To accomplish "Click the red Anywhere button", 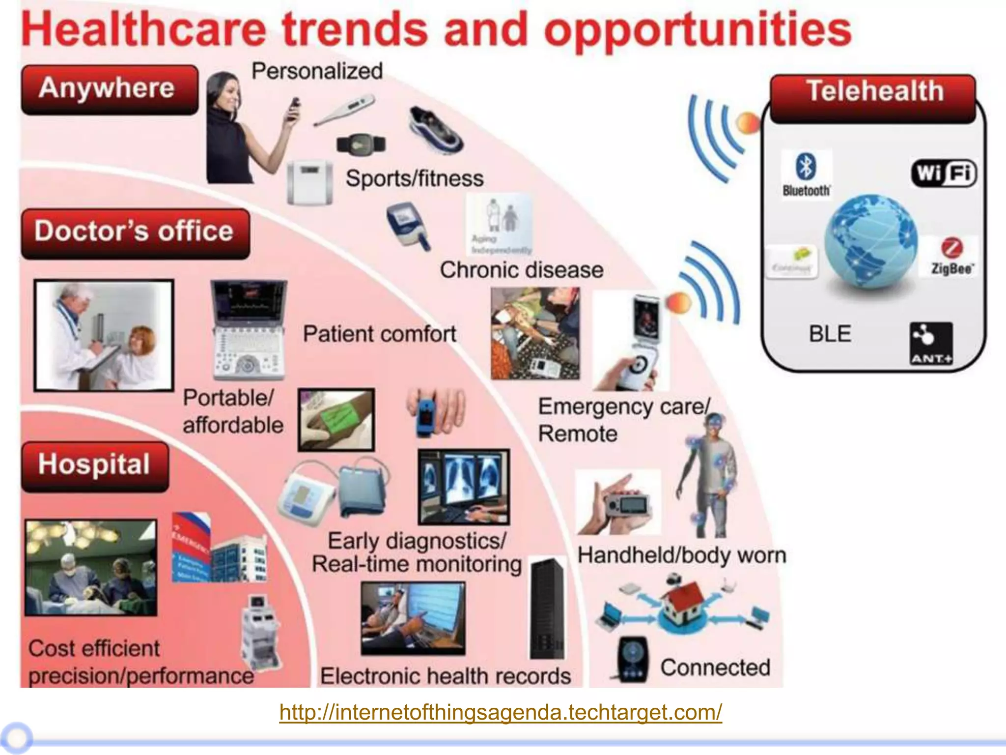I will pyautogui.click(x=109, y=90).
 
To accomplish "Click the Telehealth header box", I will pyautogui.click(x=872, y=97).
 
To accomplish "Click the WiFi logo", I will pyautogui.click(x=944, y=174).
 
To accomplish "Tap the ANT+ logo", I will pyautogui.click(x=931, y=344).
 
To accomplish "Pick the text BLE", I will pyautogui.click(x=830, y=334).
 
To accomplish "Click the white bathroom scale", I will pyautogui.click(x=309, y=182).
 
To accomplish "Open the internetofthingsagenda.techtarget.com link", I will pyautogui.click(x=501, y=711).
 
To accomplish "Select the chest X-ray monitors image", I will pyautogui.click(x=463, y=487).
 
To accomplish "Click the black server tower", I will pyautogui.click(x=547, y=610).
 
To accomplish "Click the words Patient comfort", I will pyautogui.click(x=379, y=334).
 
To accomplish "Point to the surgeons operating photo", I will pyautogui.click(x=91, y=568).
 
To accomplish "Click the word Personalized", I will pyautogui.click(x=317, y=71).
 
